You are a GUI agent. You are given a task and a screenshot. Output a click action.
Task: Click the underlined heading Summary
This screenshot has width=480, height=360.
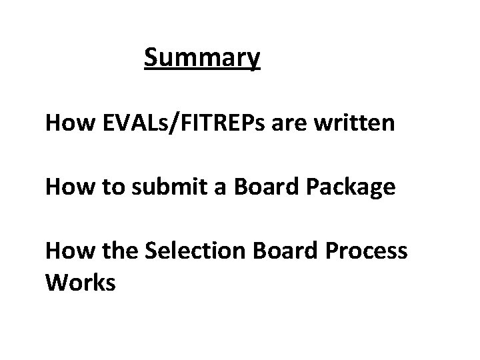pyautogui.click(x=202, y=59)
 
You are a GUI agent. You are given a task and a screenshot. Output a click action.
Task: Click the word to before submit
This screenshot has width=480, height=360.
pyautogui.click(x=109, y=188)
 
